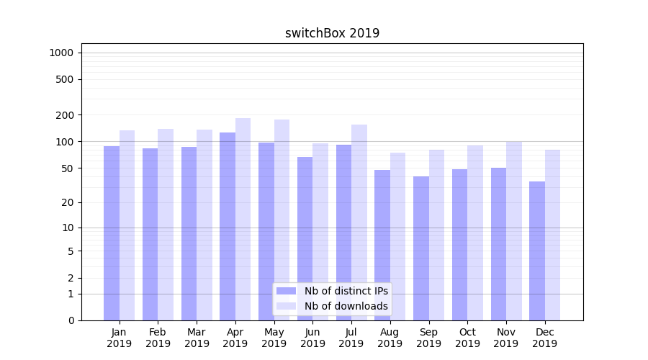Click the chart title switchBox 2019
pyautogui.click(x=332, y=33)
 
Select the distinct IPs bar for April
pyautogui.click(x=228, y=226)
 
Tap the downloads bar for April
pyautogui.click(x=243, y=219)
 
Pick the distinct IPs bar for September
pyautogui.click(x=421, y=248)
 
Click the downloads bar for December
pyautogui.click(x=552, y=235)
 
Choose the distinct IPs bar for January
pyautogui.click(x=112, y=233)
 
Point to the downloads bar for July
pyautogui.click(x=359, y=222)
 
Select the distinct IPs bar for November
pyautogui.click(x=498, y=244)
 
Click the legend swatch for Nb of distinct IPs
pyautogui.click(x=287, y=291)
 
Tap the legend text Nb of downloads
pyautogui.click(x=346, y=306)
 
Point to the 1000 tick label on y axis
pyautogui.click(x=61, y=53)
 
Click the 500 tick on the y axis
pyautogui.click(x=65, y=79)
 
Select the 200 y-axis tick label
pyautogui.click(x=65, y=115)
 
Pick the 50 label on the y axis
pyautogui.click(x=67, y=168)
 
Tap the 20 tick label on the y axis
pyautogui.click(x=67, y=202)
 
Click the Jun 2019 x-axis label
pyautogui.click(x=312, y=338)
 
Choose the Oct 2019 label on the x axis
pyautogui.click(x=467, y=338)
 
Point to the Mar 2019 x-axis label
pyautogui.click(x=197, y=338)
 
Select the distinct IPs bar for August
pyautogui.click(x=382, y=245)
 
